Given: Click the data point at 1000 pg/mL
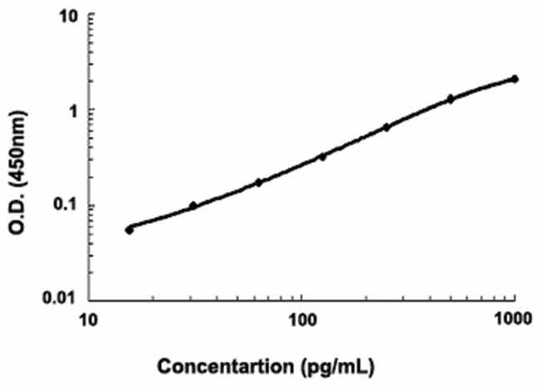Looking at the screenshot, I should point(514,79).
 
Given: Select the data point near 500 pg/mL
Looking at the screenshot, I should point(450,98).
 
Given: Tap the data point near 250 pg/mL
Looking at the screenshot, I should point(386,127).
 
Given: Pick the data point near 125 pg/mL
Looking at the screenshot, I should point(323,156).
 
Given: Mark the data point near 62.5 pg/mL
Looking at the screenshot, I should point(258,182).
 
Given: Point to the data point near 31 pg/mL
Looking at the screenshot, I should point(193,205).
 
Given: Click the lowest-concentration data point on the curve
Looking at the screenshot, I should point(129,229).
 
